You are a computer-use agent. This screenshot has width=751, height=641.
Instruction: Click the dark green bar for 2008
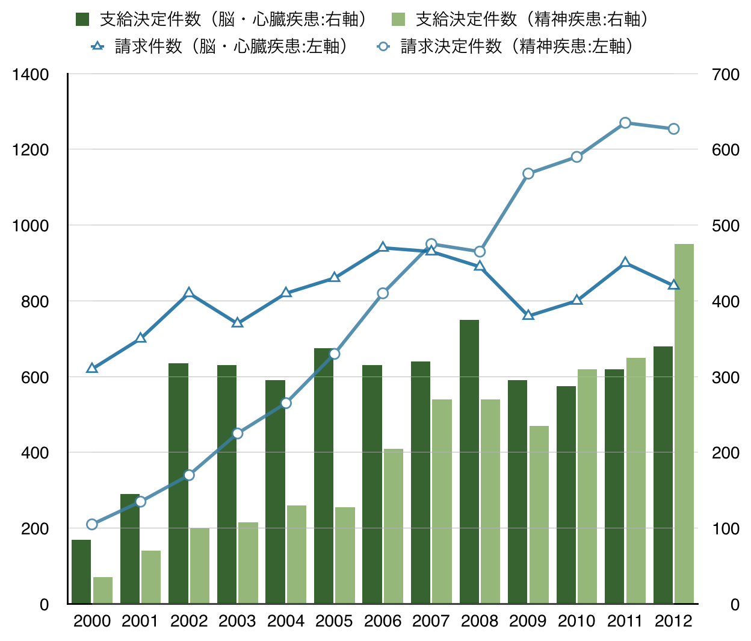pyautogui.click(x=469, y=461)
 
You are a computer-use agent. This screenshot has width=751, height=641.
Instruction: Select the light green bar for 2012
pyautogui.click(x=684, y=424)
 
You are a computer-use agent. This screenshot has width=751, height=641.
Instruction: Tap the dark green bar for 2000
pyautogui.click(x=81, y=572)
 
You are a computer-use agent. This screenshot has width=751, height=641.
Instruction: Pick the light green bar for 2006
pyautogui.click(x=394, y=526)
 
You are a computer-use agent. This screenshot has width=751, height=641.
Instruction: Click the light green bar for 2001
pyautogui.click(x=151, y=577)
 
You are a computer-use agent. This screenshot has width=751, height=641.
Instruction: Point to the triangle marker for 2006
pyautogui.click(x=383, y=247)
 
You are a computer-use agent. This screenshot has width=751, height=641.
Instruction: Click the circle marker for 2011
pyautogui.click(x=625, y=123)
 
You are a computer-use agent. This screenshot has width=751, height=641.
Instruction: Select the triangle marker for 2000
pyautogui.click(x=92, y=368)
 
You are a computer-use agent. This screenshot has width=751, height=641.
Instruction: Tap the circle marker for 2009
pyautogui.click(x=528, y=174)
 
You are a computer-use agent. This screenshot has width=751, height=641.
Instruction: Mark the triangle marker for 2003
pyautogui.click(x=238, y=323)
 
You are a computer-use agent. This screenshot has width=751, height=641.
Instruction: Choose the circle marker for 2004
pyautogui.click(x=286, y=403)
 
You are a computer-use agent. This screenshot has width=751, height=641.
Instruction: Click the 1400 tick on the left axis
pyautogui.click(x=30, y=75)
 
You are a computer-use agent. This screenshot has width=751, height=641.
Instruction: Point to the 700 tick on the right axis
pyautogui.click(x=725, y=75)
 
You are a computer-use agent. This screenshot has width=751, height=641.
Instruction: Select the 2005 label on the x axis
pyautogui.click(x=334, y=621)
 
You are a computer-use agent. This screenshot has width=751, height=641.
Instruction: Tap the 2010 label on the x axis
pyautogui.click(x=576, y=621)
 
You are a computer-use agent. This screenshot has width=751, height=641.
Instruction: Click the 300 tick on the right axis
pyautogui.click(x=725, y=378)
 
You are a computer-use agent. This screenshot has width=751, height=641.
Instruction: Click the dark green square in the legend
pyautogui.click(x=82, y=19)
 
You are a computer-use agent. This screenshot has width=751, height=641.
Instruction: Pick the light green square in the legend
pyautogui.click(x=398, y=19)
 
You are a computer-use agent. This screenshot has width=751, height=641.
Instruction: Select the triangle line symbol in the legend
pyautogui.click(x=97, y=46)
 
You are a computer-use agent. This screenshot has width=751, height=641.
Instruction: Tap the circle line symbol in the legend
pyautogui.click(x=383, y=46)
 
